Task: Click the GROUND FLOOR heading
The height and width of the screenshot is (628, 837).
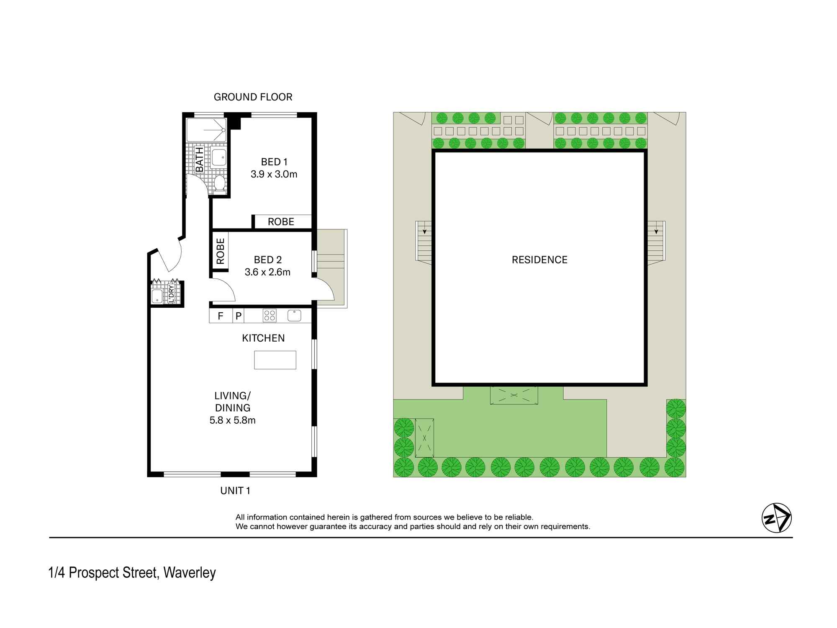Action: point(253,97)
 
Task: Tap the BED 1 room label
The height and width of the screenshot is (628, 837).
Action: point(274,162)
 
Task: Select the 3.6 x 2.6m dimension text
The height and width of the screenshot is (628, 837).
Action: point(267,272)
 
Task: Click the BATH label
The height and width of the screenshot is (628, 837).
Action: point(200,160)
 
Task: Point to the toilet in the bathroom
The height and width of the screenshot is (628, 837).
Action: point(219,184)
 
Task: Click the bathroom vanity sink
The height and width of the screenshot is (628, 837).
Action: point(218,157)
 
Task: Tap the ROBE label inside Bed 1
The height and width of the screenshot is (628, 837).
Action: point(281,222)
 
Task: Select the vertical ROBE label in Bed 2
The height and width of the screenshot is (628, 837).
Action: point(220,251)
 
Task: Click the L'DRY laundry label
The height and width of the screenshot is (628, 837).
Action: point(171,293)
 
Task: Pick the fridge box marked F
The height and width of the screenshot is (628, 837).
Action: point(221,316)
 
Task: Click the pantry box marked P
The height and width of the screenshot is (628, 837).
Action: point(238,316)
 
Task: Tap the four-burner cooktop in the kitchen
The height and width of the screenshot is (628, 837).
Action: point(269,315)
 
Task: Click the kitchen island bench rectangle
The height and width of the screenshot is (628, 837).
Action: point(275,360)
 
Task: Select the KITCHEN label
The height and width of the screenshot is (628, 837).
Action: point(263,338)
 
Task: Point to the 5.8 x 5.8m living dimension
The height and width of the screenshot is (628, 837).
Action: point(232,420)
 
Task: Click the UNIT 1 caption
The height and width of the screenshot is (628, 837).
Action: point(235,491)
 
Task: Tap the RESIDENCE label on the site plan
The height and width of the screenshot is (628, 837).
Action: point(539,260)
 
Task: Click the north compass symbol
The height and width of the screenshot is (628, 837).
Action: point(776,518)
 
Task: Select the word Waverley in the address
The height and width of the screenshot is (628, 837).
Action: point(189,573)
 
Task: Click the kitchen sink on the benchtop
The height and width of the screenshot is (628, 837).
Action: point(294,315)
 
